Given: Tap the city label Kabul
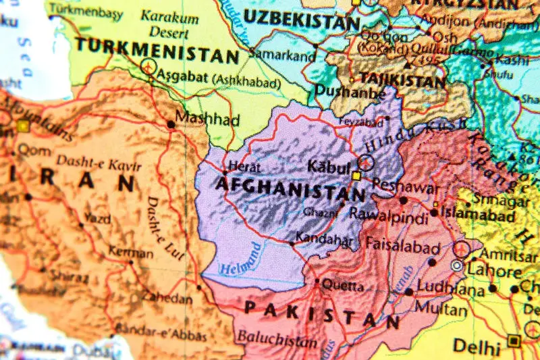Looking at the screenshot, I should point(329,166).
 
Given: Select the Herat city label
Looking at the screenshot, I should point(244,166).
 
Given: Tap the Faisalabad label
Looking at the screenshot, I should point(402,247).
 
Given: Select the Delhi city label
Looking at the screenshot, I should point(477,346).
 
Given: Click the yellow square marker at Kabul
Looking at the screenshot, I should point(356,176).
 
